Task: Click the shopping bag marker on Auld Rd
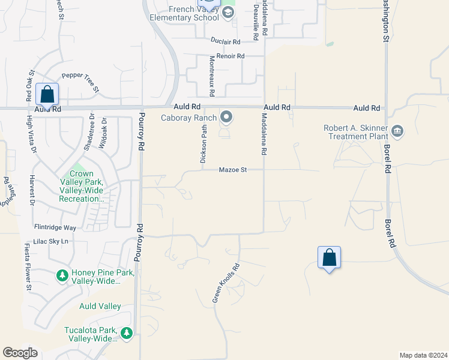pyautogui.click(x=47, y=94)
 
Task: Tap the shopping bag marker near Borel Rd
pyautogui.click(x=329, y=257)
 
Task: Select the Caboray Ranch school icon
pyautogui.click(x=227, y=116)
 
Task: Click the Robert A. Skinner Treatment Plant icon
pyautogui.click(x=397, y=131)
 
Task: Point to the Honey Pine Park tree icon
pyautogui.click(x=62, y=275)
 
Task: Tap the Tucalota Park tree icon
pyautogui.click(x=125, y=332)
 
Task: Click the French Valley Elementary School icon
pyautogui.click(x=228, y=13)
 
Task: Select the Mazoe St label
pyautogui.click(x=233, y=170)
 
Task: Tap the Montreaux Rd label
pyautogui.click(x=211, y=76)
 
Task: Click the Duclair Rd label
pyautogui.click(x=225, y=41)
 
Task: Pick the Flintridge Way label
pyautogui.click(x=55, y=228)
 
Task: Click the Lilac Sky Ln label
pyautogui.click(x=52, y=241)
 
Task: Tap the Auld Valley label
pyautogui.click(x=100, y=306)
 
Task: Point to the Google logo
pyautogui.click(x=20, y=353)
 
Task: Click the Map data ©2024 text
pyautogui.click(x=423, y=355)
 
